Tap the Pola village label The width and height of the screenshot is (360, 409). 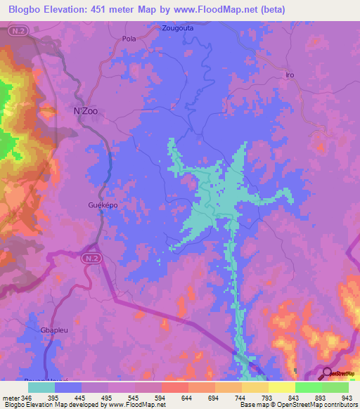[129, 39]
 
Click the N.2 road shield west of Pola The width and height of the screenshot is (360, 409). [19, 32]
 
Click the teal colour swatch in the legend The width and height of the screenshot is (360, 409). [41, 387]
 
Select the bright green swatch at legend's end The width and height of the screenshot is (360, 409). [335, 387]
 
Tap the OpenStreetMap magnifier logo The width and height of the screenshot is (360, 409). [328, 375]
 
